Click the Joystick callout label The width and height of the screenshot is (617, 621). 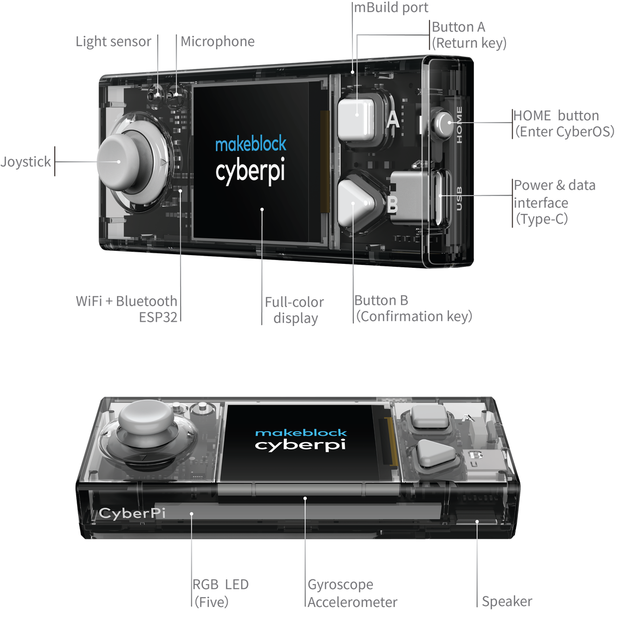click(x=26, y=162)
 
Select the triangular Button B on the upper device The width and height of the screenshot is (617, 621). click(x=356, y=203)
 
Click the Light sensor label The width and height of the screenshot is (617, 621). click(x=114, y=42)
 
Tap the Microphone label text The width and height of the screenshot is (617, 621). click(x=218, y=42)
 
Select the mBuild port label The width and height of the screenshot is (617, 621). click(x=391, y=8)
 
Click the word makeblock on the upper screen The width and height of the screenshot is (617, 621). click(x=250, y=144)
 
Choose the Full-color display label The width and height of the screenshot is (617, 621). click(x=295, y=310)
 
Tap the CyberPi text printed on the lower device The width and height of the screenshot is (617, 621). click(x=132, y=512)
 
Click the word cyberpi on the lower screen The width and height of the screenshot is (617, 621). click(x=300, y=444)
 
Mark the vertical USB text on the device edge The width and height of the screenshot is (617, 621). click(x=459, y=199)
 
